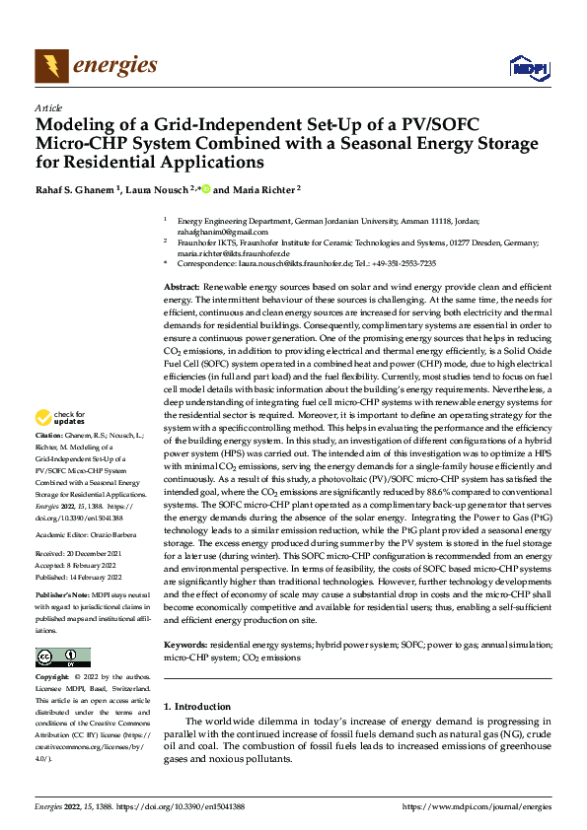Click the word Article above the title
(x=48, y=107)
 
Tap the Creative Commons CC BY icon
(x=62, y=657)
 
